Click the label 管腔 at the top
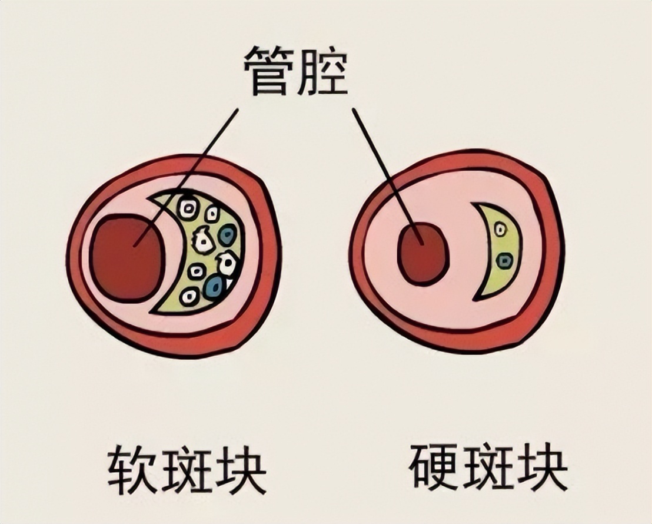pyautogui.click(x=297, y=72)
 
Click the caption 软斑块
pyautogui.click(x=187, y=469)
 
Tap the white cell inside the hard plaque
pyautogui.click(x=500, y=229)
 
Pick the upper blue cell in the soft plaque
pyautogui.click(x=227, y=235)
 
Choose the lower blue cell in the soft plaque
pyautogui.click(x=214, y=287)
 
